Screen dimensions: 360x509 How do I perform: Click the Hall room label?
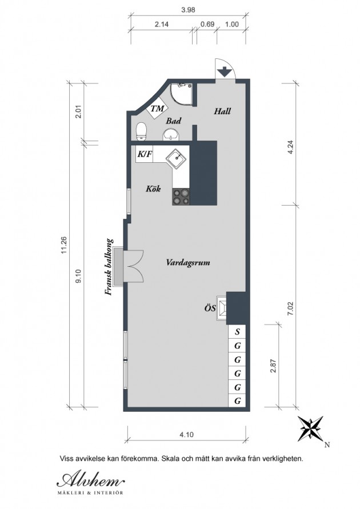(x=222, y=111)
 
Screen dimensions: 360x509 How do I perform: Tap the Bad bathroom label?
(x=173, y=121)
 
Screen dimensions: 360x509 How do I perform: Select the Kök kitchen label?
(x=153, y=189)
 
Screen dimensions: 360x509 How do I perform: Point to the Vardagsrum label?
(x=188, y=262)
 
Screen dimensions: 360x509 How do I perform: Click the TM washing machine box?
(x=158, y=109)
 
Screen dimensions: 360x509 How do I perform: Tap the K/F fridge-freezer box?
(x=145, y=154)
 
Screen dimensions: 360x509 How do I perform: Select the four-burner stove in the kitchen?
(x=181, y=197)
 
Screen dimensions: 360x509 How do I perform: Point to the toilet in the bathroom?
(x=141, y=131)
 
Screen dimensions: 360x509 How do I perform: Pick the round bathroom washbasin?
(x=170, y=134)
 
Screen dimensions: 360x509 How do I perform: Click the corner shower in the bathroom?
(x=181, y=94)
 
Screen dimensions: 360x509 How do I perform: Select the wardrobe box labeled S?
(x=238, y=332)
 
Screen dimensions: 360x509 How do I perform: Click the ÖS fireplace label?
(x=210, y=308)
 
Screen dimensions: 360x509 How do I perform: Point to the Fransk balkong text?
(x=109, y=267)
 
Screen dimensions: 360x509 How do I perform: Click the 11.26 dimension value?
(x=64, y=245)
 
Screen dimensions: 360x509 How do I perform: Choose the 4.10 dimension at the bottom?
(x=186, y=434)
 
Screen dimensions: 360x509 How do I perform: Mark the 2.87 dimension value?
(x=273, y=365)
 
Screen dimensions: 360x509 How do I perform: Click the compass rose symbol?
(x=310, y=428)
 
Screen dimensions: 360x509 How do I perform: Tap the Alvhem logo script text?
(x=90, y=479)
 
